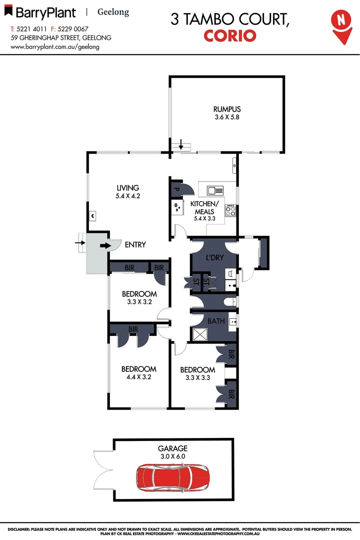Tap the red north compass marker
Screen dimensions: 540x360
[341, 22]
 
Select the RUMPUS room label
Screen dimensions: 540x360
[227, 109]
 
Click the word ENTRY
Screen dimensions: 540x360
[135, 245]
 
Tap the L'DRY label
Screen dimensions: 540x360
[214, 258]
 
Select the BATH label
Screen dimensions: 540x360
[215, 321]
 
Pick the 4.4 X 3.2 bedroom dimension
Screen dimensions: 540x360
[139, 377]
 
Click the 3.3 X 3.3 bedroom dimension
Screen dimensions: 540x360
[197, 378]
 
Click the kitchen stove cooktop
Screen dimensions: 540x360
[230, 211]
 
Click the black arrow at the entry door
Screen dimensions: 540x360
[105, 245]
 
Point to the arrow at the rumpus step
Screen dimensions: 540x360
[181, 146]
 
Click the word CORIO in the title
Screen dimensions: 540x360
[230, 35]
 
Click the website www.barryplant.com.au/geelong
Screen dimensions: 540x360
[55, 46]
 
